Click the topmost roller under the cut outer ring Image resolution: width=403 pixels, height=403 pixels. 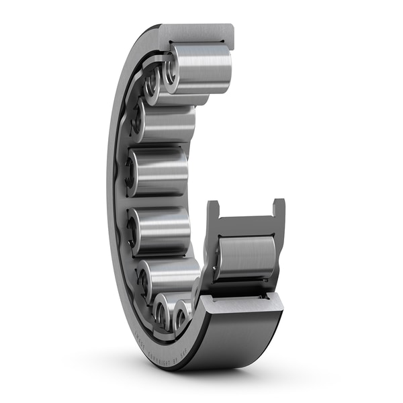click(x=201, y=67)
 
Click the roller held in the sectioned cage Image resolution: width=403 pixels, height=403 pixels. click(x=246, y=259)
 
